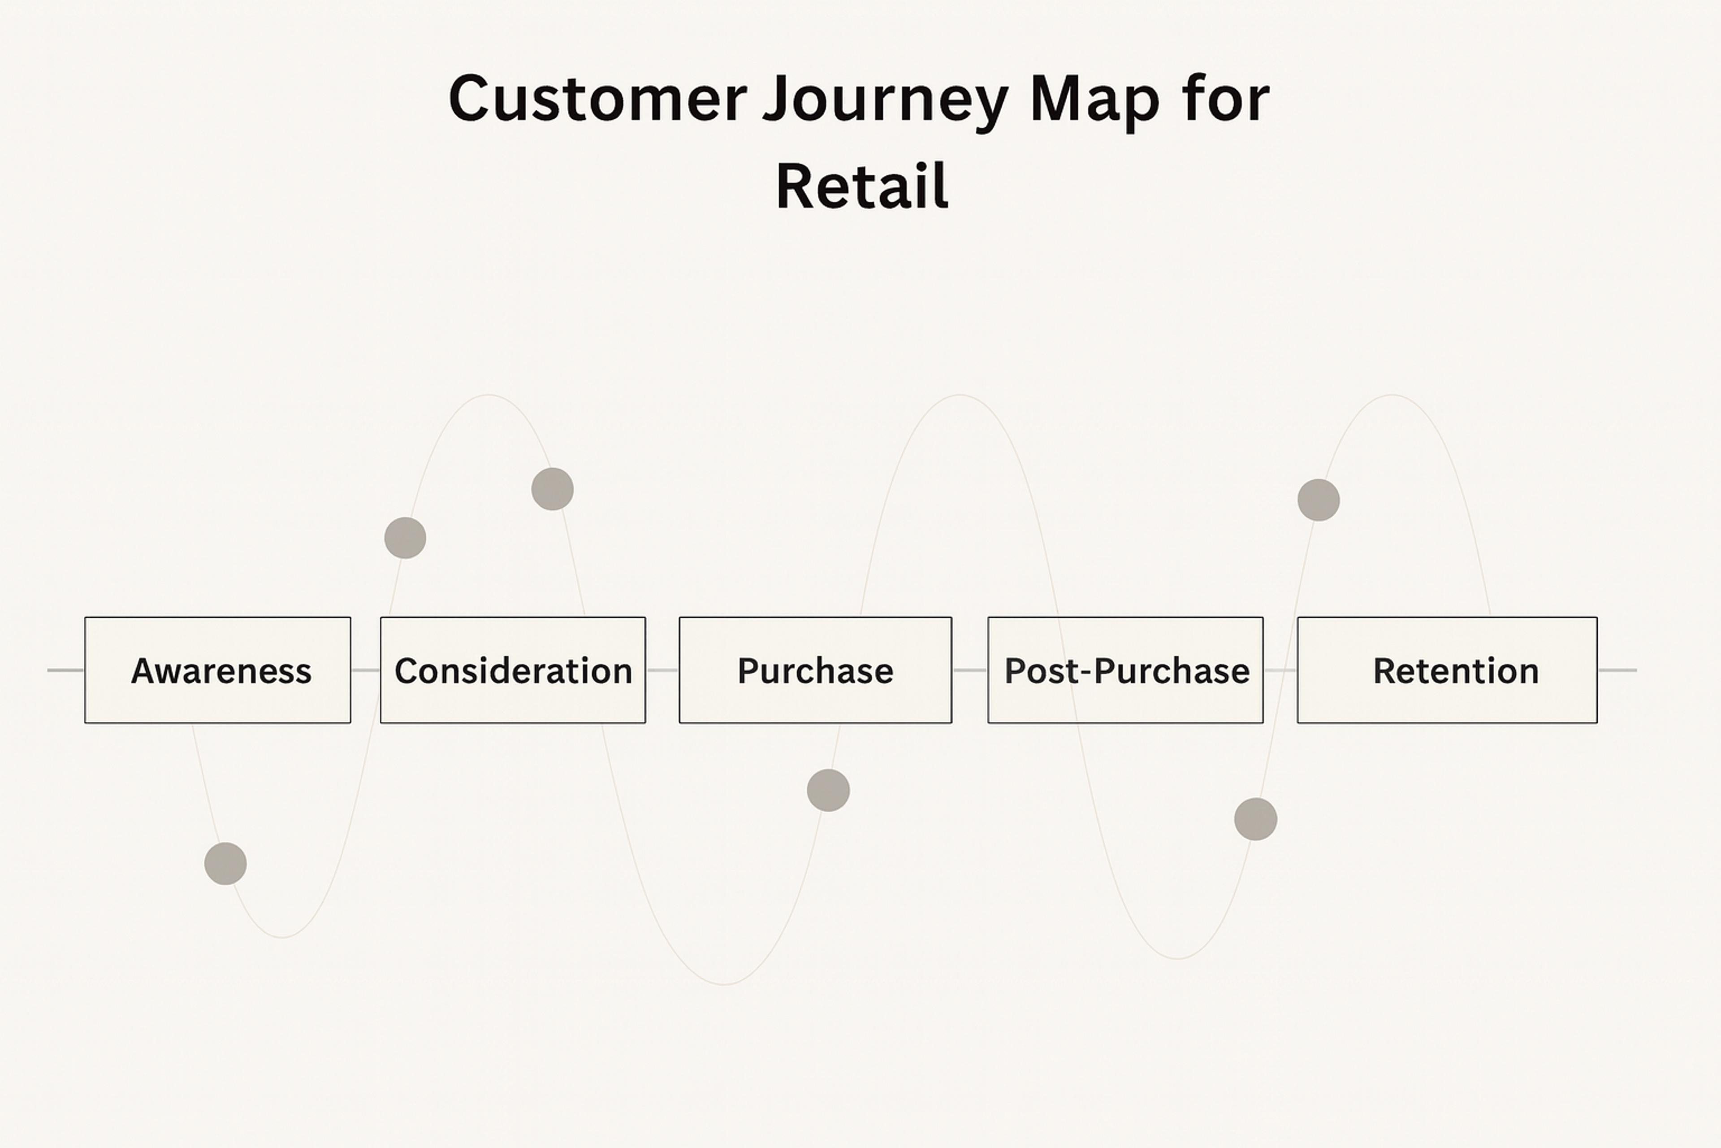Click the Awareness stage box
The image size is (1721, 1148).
pyautogui.click(x=217, y=670)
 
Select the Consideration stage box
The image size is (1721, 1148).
pyautogui.click(x=512, y=670)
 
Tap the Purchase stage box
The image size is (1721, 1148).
pyautogui.click(x=815, y=670)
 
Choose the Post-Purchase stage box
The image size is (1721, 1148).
pyautogui.click(x=1125, y=670)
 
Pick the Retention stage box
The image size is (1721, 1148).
pyautogui.click(x=1447, y=670)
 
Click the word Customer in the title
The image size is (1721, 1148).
pyautogui.click(x=597, y=99)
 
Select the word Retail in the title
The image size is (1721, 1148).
pyautogui.click(x=862, y=187)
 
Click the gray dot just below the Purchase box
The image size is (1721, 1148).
pyautogui.click(x=828, y=790)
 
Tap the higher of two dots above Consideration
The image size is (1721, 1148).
pyautogui.click(x=553, y=489)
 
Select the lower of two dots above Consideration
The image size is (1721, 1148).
pyautogui.click(x=405, y=538)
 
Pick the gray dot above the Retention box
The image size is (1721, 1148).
pyautogui.click(x=1319, y=500)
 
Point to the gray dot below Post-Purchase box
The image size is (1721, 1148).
pyautogui.click(x=1256, y=819)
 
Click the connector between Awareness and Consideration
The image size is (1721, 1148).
pyautogui.click(x=365, y=670)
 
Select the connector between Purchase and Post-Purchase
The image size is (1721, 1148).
pyautogui.click(x=969, y=670)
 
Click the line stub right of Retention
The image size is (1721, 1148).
pyautogui.click(x=1617, y=670)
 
